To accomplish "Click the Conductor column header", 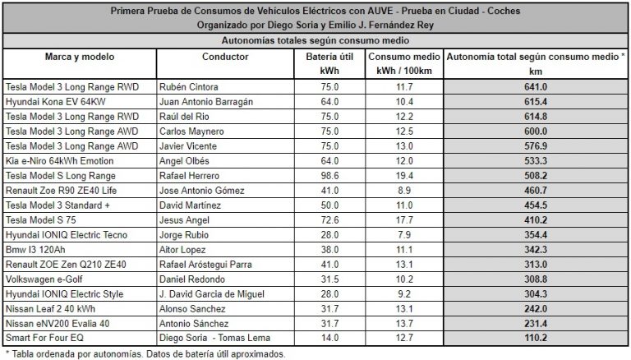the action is pos(224,57).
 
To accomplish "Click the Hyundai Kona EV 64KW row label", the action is pos(62,100).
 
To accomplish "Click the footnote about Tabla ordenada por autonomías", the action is pos(146,354).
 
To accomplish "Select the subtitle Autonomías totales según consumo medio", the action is pos(315,39).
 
